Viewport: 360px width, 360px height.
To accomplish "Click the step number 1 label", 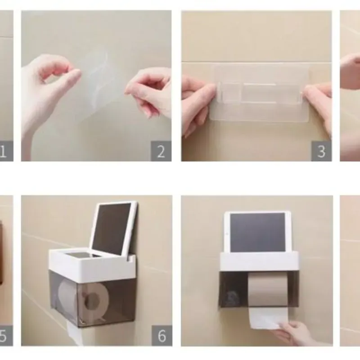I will (x=4, y=151).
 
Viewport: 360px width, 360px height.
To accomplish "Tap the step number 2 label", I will (x=161, y=151).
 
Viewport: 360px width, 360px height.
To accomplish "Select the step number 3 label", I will (x=321, y=151).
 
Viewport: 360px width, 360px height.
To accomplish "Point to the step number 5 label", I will (x=4, y=336).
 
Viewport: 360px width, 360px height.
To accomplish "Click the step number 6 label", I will (x=162, y=336).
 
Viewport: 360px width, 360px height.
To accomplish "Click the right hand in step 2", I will (x=151, y=90).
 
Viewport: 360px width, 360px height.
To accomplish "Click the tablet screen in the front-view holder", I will (x=257, y=232).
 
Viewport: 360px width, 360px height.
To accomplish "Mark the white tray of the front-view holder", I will (x=259, y=261).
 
